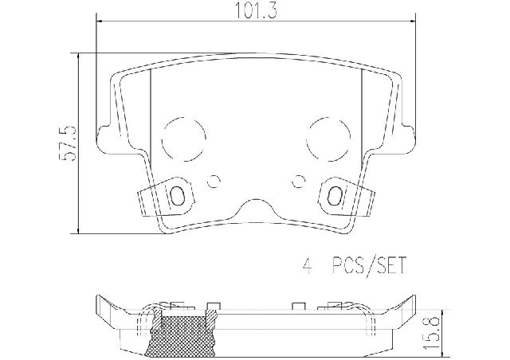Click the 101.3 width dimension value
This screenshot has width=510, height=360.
pyautogui.click(x=256, y=10)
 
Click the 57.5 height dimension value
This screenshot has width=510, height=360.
pyautogui.click(x=69, y=143)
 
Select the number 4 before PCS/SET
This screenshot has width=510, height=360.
pyautogui.click(x=307, y=266)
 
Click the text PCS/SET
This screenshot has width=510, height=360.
pyautogui.click(x=369, y=266)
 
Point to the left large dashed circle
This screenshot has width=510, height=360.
pyautogui.click(x=163, y=139)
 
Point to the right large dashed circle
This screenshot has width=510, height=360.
pyautogui.click(x=307, y=139)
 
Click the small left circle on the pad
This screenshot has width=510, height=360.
pyautogui.click(x=214, y=181)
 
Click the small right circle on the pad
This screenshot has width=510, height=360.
pyautogui.click(x=298, y=181)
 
